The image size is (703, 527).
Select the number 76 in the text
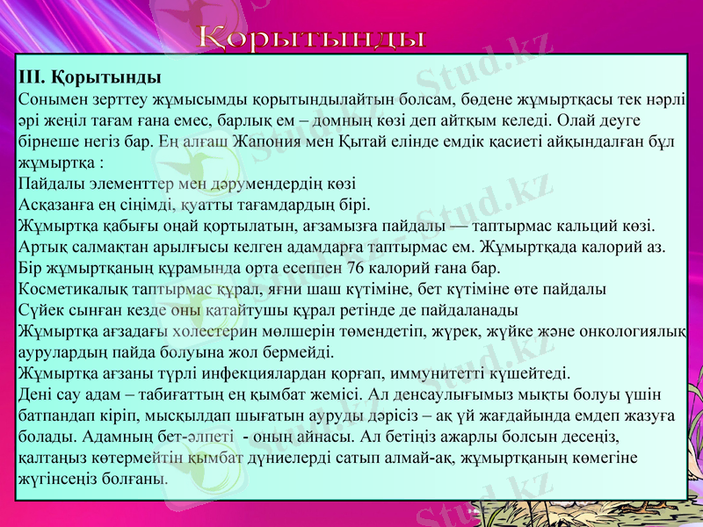click(x=357, y=268)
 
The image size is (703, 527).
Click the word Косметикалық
click(x=68, y=289)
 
